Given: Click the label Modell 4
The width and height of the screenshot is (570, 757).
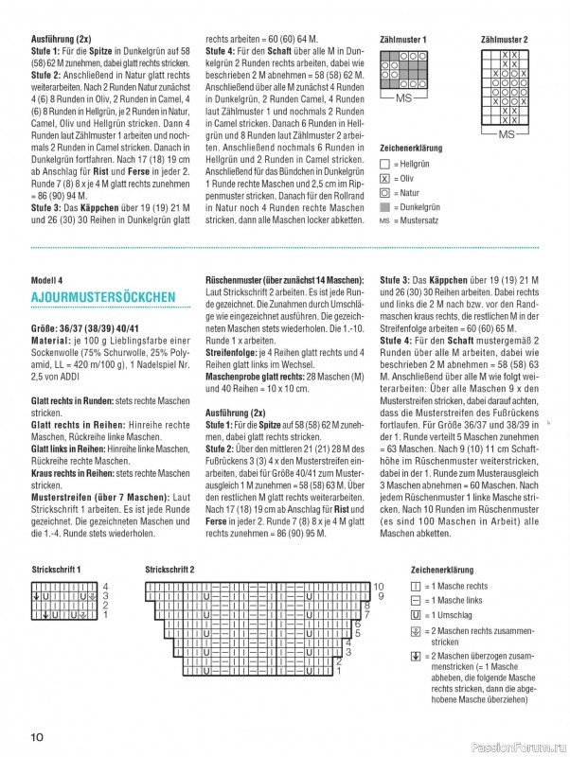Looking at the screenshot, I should (x=46, y=281).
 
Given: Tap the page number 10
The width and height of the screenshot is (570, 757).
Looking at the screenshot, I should (x=37, y=737).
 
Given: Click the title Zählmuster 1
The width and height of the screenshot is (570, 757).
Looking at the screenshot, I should (x=403, y=40).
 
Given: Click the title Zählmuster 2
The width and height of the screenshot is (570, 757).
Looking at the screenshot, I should (x=505, y=40).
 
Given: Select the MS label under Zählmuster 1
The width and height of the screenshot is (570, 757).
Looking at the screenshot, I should (x=404, y=98).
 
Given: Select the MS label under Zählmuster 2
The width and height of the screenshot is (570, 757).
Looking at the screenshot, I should (x=507, y=135).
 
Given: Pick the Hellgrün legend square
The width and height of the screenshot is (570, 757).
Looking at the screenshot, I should (x=384, y=164).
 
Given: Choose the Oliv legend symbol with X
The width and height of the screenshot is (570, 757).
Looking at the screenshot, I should (x=384, y=178).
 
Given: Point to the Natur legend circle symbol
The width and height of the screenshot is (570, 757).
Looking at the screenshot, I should (x=384, y=192).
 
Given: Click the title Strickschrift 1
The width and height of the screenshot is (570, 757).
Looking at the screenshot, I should (x=56, y=569).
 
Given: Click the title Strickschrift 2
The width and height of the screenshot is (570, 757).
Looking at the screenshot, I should (x=170, y=569).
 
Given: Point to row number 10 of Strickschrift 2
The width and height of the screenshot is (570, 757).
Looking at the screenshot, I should (x=379, y=587).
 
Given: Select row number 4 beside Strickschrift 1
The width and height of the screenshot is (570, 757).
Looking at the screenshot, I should (x=105, y=587).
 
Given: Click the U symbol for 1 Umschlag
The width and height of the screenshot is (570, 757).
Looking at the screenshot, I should (x=415, y=615).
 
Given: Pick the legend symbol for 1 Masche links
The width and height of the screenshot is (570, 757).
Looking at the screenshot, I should (x=415, y=601).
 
